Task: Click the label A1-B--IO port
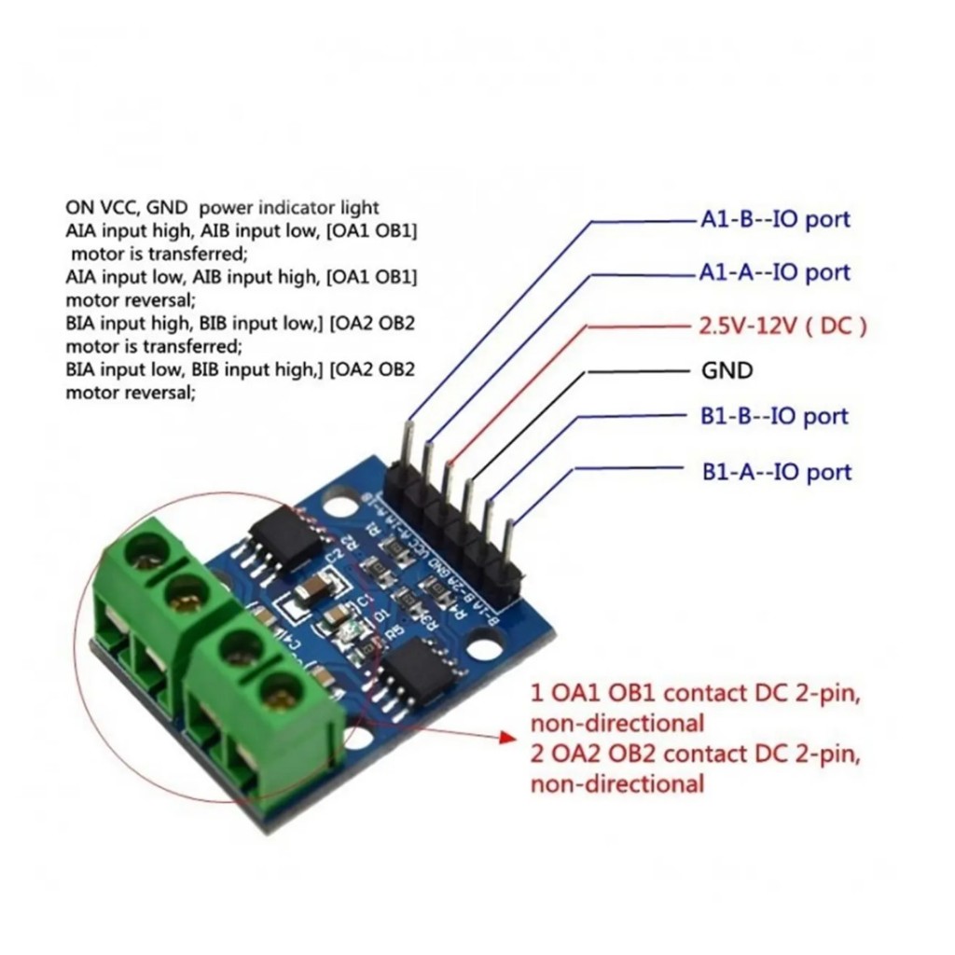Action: (774, 220)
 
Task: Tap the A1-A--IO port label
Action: (774, 272)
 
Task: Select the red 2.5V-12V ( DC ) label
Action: (782, 326)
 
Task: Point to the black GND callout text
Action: (727, 371)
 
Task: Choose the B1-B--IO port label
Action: (775, 416)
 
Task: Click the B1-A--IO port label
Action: (777, 472)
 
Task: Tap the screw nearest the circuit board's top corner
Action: (145, 550)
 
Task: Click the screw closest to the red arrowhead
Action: (279, 691)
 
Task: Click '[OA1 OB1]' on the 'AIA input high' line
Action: (371, 230)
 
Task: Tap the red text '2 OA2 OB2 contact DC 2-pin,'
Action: (695, 754)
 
